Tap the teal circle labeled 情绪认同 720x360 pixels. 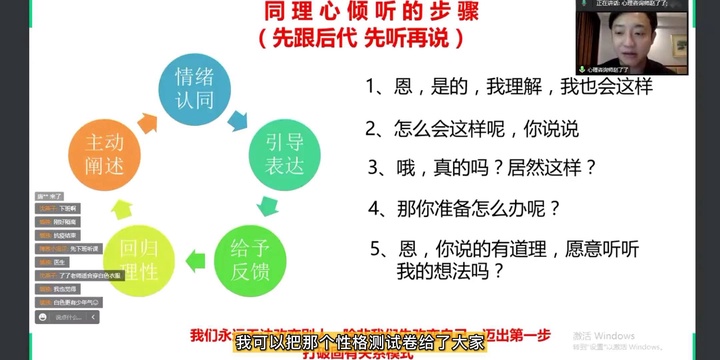[x=196, y=87]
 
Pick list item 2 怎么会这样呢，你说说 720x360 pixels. [x=471, y=128]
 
